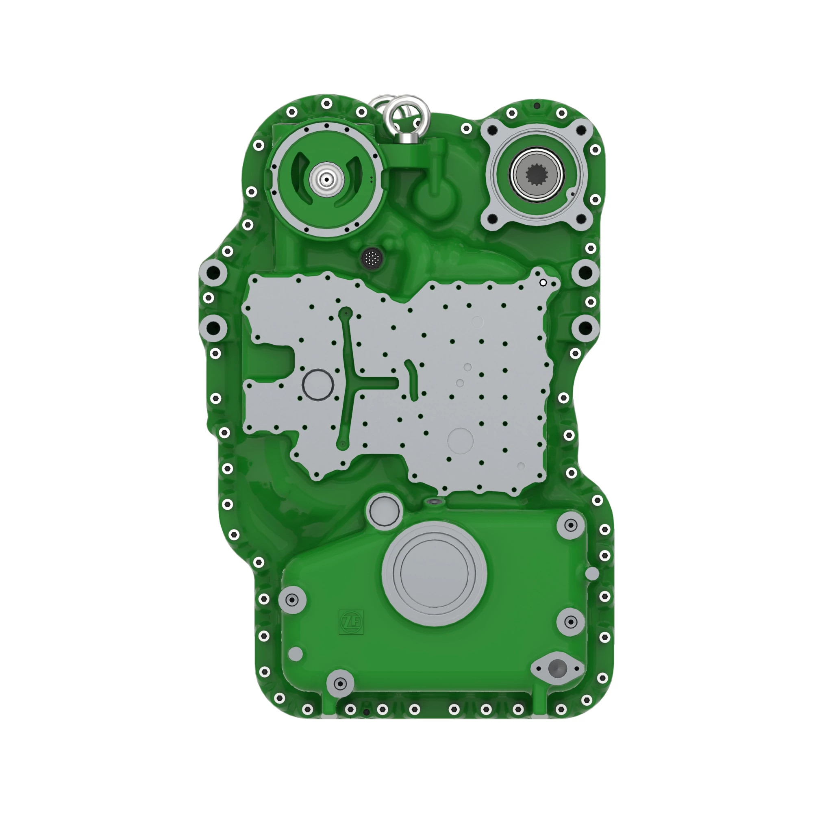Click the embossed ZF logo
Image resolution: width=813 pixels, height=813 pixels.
tap(351, 622)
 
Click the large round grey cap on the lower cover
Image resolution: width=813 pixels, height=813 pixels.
tap(434, 573)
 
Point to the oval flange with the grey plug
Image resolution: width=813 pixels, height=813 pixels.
tap(557, 668)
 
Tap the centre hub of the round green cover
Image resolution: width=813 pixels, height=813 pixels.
tap(326, 180)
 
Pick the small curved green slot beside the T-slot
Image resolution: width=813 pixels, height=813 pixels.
tap(412, 379)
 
